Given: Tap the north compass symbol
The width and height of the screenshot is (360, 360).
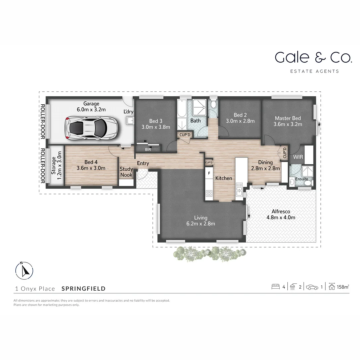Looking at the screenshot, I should (x=24, y=270).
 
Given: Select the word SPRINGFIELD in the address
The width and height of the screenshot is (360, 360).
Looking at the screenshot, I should (x=84, y=289).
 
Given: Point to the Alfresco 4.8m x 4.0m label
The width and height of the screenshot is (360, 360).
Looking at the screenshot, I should (x=281, y=214).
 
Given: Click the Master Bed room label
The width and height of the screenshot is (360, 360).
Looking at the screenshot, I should (x=288, y=121).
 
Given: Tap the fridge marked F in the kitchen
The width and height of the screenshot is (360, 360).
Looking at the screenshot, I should (x=209, y=173).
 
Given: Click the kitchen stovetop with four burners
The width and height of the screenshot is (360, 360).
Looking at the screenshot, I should (x=209, y=194).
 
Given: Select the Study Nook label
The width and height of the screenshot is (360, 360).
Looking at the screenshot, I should (x=126, y=172).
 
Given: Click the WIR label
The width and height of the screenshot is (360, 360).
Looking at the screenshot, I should (x=297, y=157).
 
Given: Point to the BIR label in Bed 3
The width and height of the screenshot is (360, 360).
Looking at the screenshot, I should (x=148, y=150).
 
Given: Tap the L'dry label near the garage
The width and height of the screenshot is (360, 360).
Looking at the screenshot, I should (x=128, y=112).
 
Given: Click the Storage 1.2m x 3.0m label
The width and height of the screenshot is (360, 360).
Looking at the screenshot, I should (x=56, y=165).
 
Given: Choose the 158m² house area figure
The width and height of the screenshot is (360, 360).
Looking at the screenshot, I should (x=343, y=287).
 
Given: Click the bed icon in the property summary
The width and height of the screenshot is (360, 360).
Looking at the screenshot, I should (x=275, y=287).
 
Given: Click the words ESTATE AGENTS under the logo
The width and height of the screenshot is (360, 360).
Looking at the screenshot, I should (x=315, y=71).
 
